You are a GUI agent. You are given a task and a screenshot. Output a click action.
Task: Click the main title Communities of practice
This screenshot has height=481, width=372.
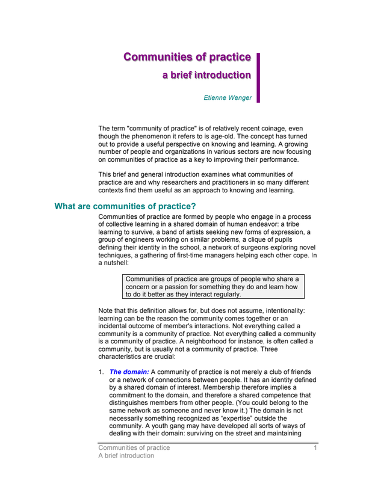coord(187,57)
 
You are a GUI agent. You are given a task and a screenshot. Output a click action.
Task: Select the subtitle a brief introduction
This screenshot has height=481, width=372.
coord(206,75)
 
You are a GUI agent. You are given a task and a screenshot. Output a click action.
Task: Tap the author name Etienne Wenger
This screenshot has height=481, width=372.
coord(228,98)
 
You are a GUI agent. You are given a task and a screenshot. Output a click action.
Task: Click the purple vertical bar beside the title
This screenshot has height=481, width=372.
coord(258,77)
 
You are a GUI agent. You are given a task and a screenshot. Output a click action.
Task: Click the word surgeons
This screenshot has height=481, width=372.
coord(251,248)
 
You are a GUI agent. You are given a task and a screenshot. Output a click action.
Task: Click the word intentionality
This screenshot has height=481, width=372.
coord(281,310)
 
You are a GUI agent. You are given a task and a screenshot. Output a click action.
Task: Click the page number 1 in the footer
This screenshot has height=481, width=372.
coord(315,448)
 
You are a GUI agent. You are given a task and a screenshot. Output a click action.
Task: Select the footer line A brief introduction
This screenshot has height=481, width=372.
coord(126,456)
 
